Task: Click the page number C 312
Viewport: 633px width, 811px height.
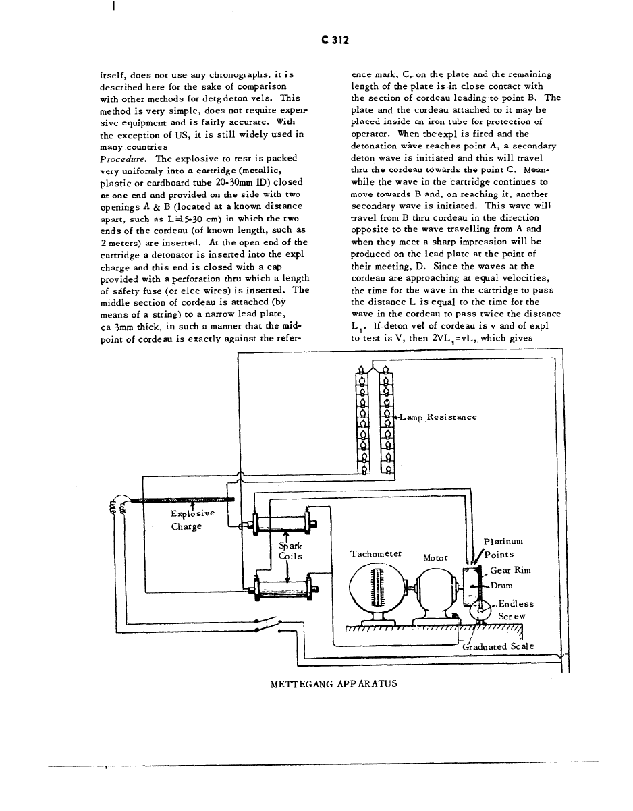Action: [335, 40]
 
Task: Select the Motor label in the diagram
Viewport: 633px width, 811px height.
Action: [435, 558]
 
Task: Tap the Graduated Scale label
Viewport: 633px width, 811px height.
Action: [498, 646]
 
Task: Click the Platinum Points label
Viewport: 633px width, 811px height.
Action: [503, 548]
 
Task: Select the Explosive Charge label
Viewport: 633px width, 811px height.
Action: [192, 520]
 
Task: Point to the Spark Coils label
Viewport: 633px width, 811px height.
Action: [290, 551]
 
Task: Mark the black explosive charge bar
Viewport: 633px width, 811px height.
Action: [182, 500]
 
